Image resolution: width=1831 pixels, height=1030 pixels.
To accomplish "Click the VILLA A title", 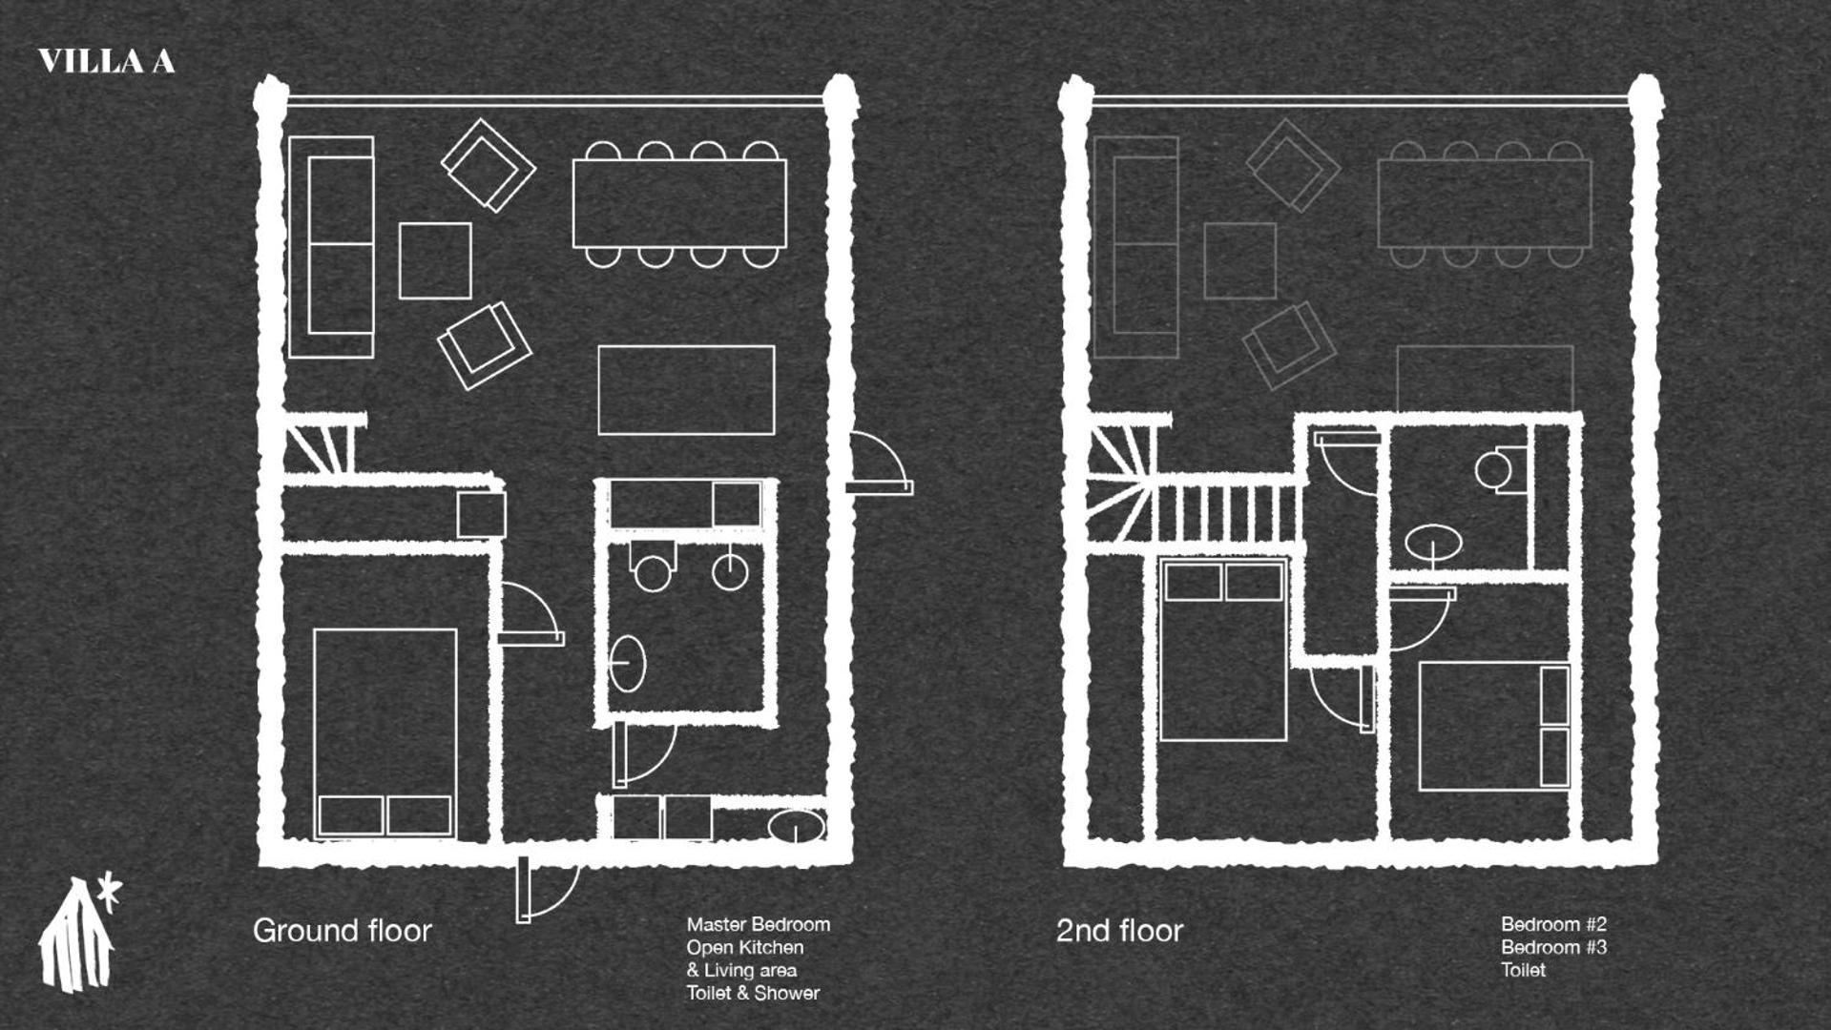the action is pyautogui.click(x=106, y=62).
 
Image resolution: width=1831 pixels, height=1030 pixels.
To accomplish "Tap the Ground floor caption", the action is pyautogui.click(x=342, y=931).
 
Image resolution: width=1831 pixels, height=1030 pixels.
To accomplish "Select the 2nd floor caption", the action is pyautogui.click(x=1119, y=931).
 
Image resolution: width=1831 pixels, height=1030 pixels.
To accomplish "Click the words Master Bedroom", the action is pyautogui.click(x=758, y=924).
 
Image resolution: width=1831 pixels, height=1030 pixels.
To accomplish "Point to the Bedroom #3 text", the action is pyautogui.click(x=1553, y=947).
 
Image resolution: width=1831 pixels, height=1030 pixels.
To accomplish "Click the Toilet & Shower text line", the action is pyautogui.click(x=753, y=993).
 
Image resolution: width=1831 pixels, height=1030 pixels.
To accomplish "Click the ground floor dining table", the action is pyautogui.click(x=679, y=204).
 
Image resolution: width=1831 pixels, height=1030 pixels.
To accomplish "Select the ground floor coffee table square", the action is pyautogui.click(x=435, y=260).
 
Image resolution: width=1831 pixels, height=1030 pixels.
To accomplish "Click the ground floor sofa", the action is pyautogui.click(x=331, y=247).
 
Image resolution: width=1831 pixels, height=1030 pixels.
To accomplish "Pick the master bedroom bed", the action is pyautogui.click(x=385, y=733).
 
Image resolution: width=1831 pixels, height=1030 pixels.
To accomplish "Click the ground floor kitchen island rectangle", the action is pyautogui.click(x=686, y=390).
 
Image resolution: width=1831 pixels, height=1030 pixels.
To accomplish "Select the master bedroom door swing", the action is pyautogui.click(x=530, y=613).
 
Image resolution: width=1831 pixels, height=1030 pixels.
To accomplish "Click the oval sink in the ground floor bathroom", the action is pyautogui.click(x=627, y=663).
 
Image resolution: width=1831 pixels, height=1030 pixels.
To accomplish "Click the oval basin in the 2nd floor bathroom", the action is pyautogui.click(x=1433, y=545).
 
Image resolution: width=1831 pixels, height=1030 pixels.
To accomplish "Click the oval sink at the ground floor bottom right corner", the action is pyautogui.click(x=798, y=826).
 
